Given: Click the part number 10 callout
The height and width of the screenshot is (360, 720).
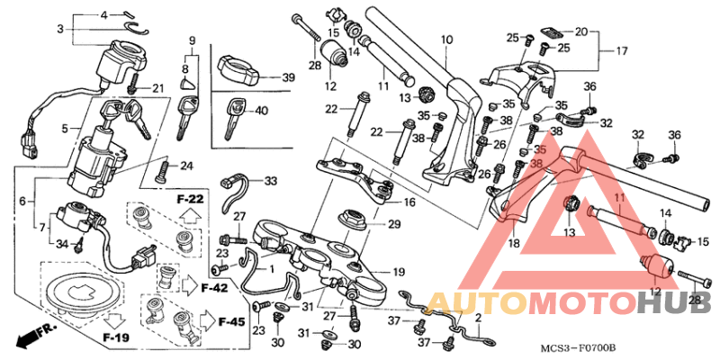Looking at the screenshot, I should [445, 40].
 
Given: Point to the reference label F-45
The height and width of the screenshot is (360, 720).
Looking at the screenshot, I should [231, 321].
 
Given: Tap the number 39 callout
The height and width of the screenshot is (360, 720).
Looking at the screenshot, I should [288, 78].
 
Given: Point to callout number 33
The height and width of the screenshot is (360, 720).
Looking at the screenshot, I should [272, 182].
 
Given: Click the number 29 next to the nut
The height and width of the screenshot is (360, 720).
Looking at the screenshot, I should [393, 224].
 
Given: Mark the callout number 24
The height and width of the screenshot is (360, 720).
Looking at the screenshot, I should [186, 166].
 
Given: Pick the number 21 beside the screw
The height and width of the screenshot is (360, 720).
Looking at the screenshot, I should [158, 87].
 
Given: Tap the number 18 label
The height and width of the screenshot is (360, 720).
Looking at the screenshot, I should [514, 243].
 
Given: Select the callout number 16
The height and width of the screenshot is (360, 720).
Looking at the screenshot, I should [409, 202].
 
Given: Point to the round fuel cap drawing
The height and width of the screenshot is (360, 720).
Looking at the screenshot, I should [79, 292].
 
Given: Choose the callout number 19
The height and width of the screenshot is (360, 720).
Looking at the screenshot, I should [399, 272].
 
